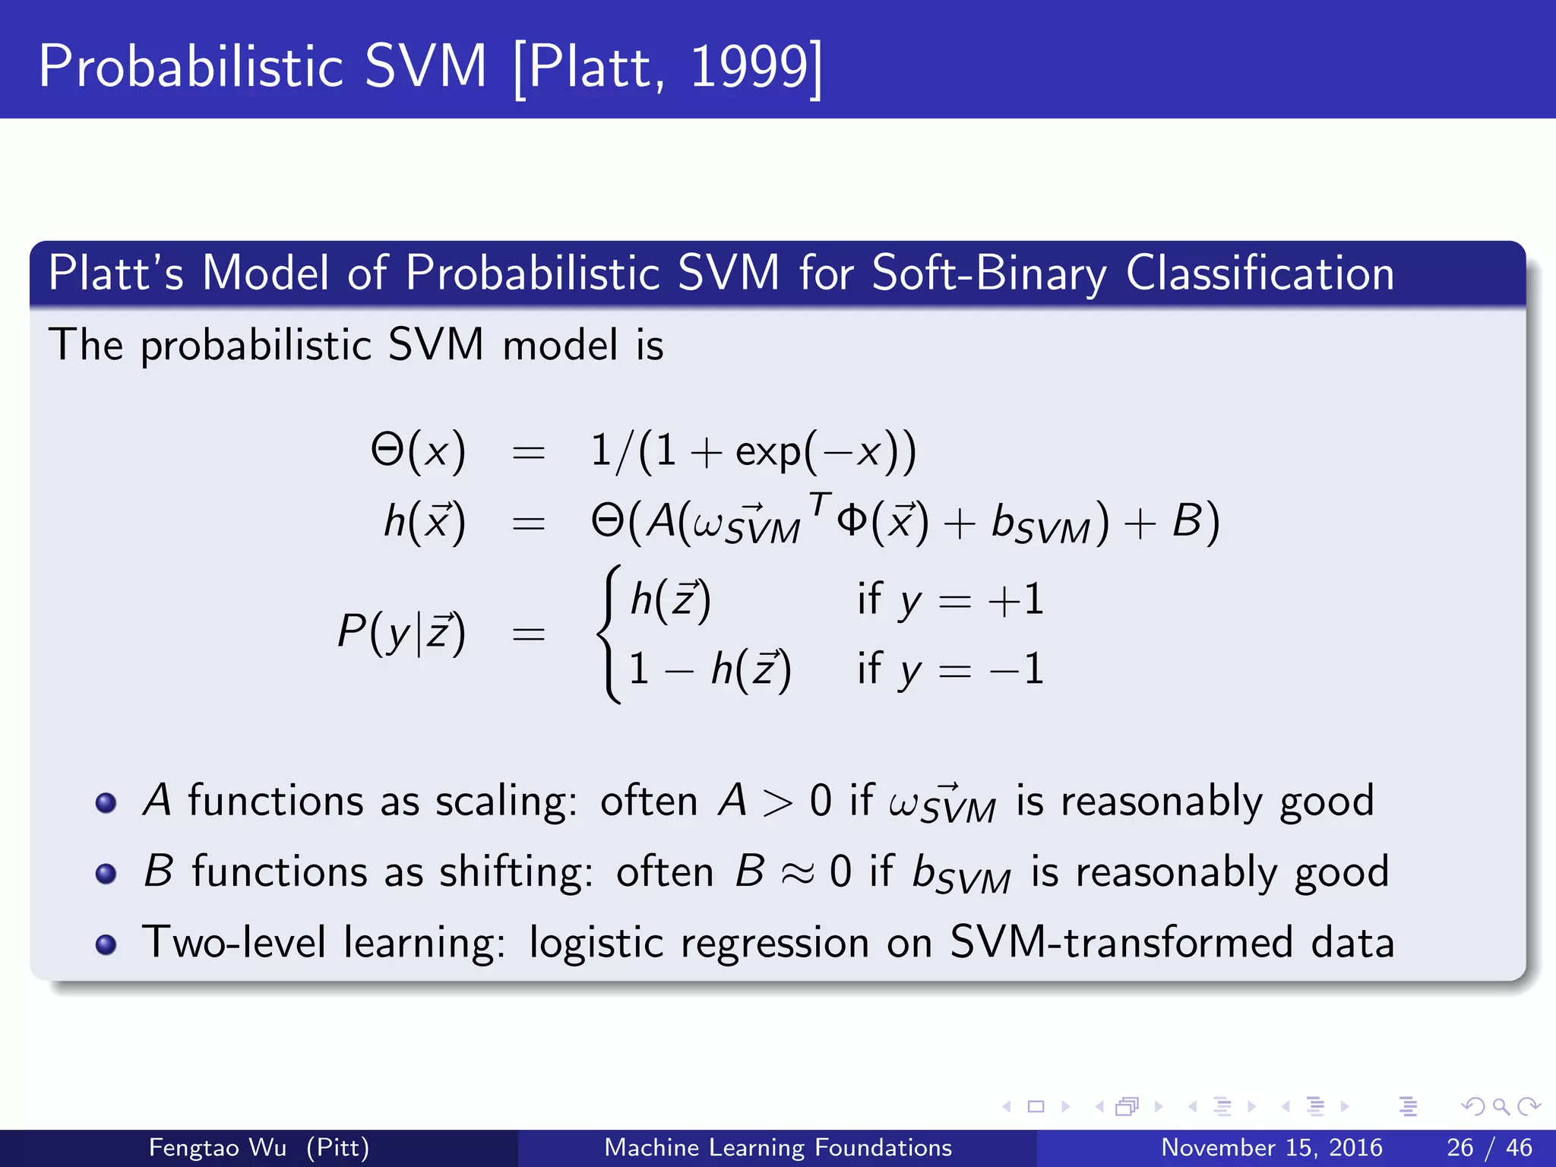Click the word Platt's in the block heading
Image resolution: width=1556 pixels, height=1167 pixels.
click(115, 273)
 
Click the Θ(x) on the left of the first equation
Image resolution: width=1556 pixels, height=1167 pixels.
click(418, 451)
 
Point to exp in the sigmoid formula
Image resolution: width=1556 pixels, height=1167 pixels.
click(767, 454)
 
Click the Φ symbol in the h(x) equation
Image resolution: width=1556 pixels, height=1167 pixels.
click(852, 522)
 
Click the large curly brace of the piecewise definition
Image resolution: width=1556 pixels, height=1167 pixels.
click(610, 634)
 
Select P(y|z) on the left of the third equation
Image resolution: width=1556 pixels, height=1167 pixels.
click(401, 632)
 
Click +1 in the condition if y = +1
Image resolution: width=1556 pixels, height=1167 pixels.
click(1016, 600)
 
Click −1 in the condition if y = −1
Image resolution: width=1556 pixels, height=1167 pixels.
click(1017, 670)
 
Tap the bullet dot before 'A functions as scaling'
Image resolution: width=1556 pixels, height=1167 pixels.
click(106, 803)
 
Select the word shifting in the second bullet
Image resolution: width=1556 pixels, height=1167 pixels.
click(516, 872)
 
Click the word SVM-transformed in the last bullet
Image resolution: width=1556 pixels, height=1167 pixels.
click(1121, 943)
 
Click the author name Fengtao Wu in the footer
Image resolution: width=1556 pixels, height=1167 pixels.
click(217, 1147)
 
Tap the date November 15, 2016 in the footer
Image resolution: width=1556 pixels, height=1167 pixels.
click(1271, 1147)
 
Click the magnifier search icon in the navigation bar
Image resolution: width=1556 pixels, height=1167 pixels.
click(1501, 1106)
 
